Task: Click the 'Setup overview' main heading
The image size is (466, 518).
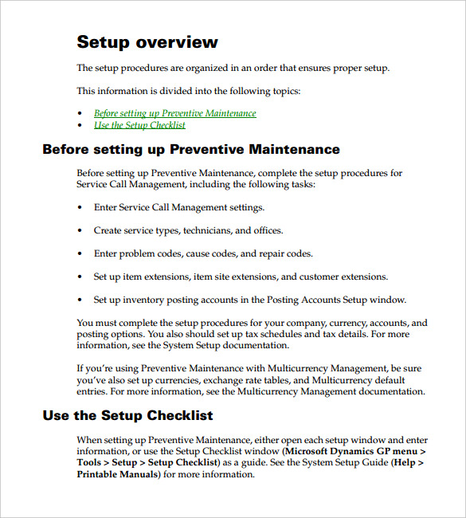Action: tap(147, 42)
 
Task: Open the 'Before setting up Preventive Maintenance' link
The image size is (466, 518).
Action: tap(174, 113)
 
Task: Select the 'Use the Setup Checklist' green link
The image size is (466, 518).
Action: tap(139, 125)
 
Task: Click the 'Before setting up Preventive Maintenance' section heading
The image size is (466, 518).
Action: tap(191, 150)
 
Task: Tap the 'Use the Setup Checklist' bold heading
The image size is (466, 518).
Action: tap(127, 415)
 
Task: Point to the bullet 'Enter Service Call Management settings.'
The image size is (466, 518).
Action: tap(178, 208)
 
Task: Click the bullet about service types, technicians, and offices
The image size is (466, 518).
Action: tap(188, 231)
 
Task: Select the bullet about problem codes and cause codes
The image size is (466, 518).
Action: tap(202, 254)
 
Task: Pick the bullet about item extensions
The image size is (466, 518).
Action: tap(241, 277)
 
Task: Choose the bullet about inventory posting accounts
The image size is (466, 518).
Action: tap(249, 300)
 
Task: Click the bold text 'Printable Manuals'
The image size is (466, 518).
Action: tap(118, 474)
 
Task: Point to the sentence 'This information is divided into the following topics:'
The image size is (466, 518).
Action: tap(189, 91)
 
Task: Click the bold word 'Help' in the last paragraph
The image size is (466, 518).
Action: tap(404, 463)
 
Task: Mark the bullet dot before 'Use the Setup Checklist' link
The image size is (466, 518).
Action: tap(80, 126)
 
